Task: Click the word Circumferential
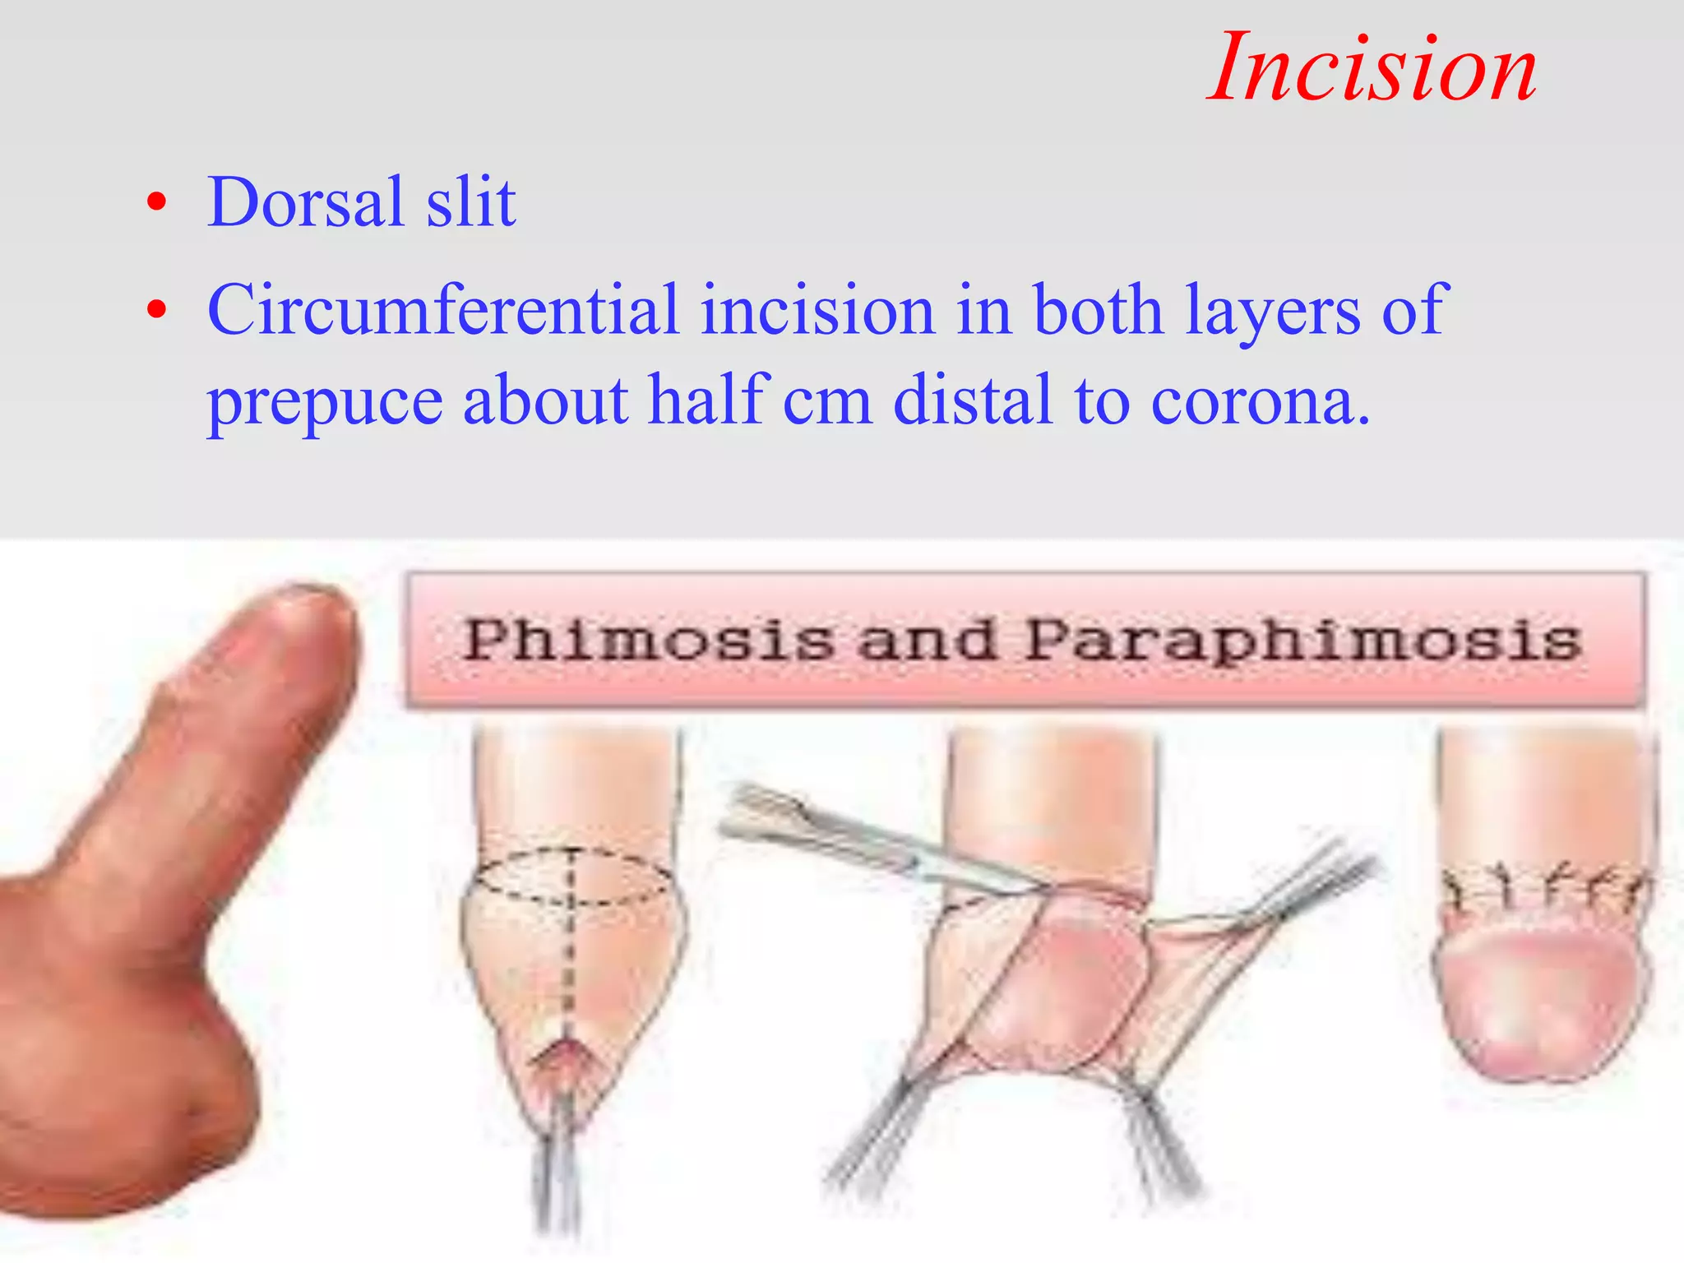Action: [x=443, y=309]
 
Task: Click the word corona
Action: [x=1260, y=401]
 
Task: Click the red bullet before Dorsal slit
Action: [x=157, y=202]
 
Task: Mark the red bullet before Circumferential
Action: [x=157, y=310]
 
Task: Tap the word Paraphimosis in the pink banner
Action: [x=1302, y=641]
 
